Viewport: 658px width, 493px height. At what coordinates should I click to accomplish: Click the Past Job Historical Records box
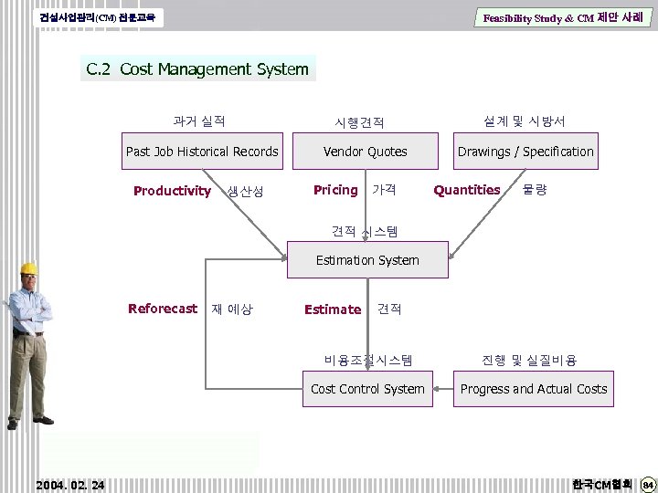tap(202, 152)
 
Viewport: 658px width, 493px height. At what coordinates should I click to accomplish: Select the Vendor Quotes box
tap(366, 152)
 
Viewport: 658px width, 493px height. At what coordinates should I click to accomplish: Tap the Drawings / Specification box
tap(525, 152)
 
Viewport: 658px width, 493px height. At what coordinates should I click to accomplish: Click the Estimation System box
tap(367, 260)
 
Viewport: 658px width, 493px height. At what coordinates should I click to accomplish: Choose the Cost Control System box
tap(367, 389)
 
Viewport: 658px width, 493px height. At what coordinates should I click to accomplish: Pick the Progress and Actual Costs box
tap(534, 389)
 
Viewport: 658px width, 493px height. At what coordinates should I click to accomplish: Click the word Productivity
tap(172, 191)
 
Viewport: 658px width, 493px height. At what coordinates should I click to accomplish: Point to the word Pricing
tap(335, 190)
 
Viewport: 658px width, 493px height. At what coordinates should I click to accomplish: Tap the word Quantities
tap(467, 190)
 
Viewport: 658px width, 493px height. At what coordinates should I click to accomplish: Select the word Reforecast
tap(163, 309)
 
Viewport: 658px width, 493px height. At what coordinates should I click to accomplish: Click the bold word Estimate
tap(333, 309)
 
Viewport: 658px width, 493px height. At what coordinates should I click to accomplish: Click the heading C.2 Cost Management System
tap(197, 69)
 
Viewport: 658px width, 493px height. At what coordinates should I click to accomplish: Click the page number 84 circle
tap(647, 483)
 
